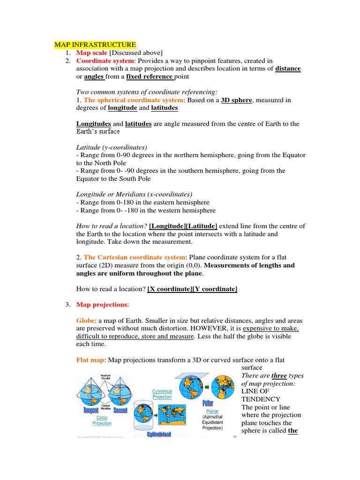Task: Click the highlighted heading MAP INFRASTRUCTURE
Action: pyautogui.click(x=95, y=45)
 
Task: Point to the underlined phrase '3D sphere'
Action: pyautogui.click(x=236, y=100)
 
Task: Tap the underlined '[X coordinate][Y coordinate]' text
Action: pyautogui.click(x=192, y=289)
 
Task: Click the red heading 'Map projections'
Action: pyautogui.click(x=101, y=305)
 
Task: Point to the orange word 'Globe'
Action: pyautogui.click(x=85, y=321)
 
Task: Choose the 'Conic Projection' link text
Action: pyautogui.click(x=102, y=420)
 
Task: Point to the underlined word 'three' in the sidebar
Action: pyautogui.click(x=279, y=376)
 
